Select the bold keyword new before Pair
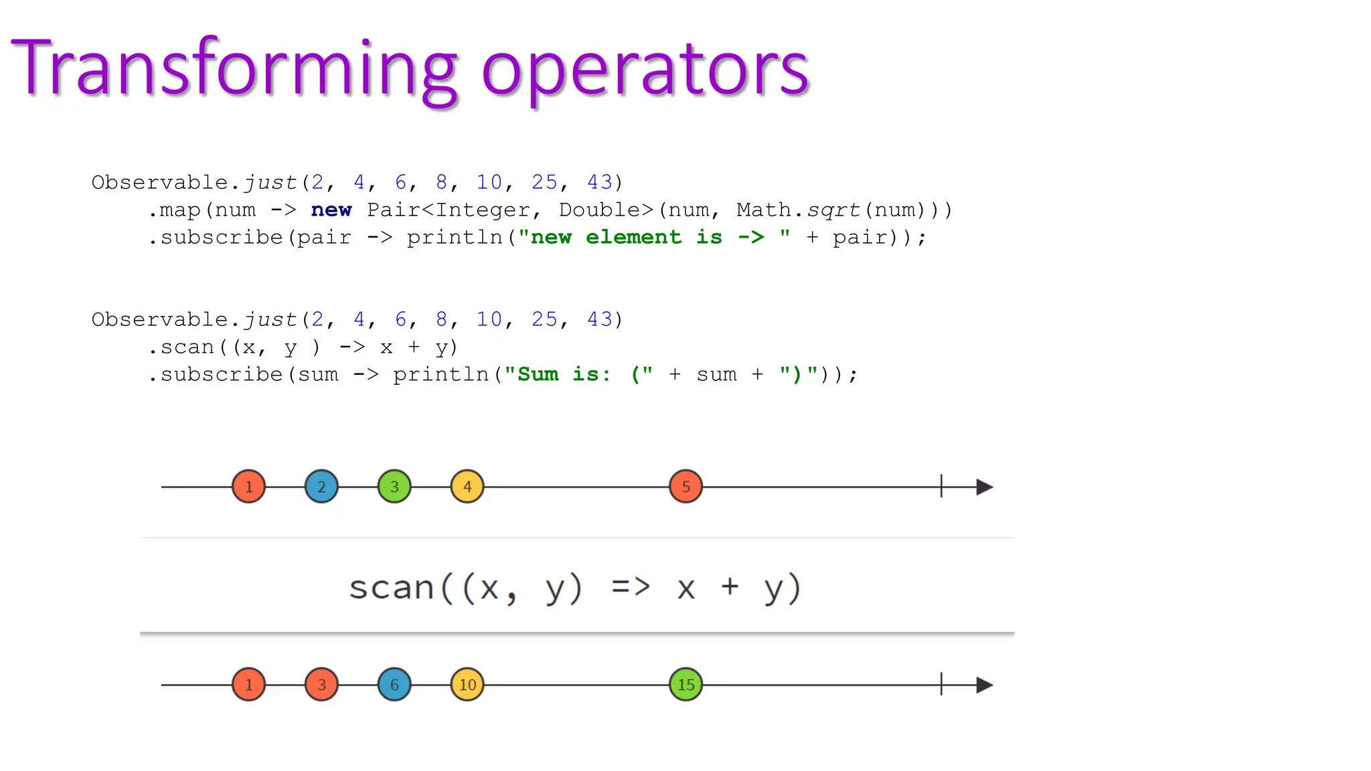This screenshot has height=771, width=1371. point(331,210)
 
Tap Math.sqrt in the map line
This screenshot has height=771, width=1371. point(797,210)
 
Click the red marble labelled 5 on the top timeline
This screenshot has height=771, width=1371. point(685,487)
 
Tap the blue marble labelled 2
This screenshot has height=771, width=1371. point(321,487)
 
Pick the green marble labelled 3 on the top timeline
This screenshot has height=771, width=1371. point(394,487)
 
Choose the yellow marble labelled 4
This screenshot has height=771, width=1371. point(467,487)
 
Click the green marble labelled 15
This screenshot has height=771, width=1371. point(685,685)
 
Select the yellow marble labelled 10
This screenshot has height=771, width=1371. point(467,685)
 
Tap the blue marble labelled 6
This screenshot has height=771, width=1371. point(394,685)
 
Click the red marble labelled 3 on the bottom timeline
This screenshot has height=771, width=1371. point(321,685)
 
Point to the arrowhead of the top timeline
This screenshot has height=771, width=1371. point(983,487)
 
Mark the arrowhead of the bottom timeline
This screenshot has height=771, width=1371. point(983,685)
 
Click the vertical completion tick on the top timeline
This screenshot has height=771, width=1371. point(941,487)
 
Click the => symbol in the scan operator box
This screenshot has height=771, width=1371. point(631,587)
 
